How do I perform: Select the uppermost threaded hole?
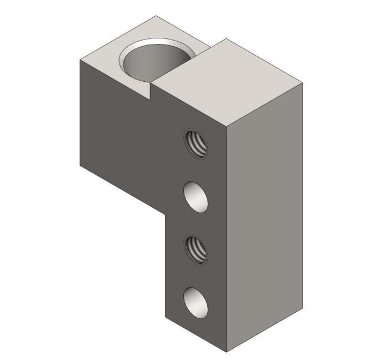tap(195, 143)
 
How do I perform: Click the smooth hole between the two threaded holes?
tap(197, 196)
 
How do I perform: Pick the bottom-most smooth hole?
tap(197, 303)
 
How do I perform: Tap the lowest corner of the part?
tap(227, 352)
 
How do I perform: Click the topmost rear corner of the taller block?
tap(226, 39)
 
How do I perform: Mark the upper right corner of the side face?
tap(303, 83)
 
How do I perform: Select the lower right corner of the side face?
tap(303, 308)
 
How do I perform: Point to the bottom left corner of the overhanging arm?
tap(81, 165)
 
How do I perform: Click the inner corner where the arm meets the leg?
tap(166, 214)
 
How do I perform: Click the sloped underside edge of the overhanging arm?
tap(122, 189)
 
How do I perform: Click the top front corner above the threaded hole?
tap(227, 127)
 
